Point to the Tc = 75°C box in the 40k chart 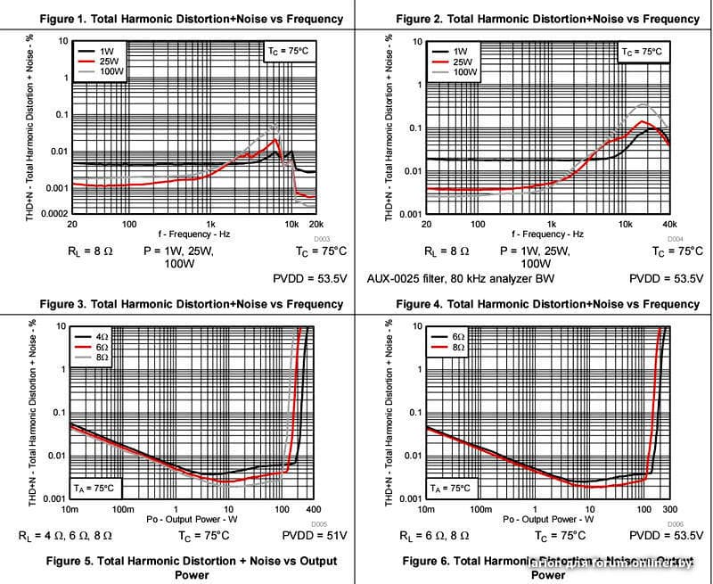(x=642, y=52)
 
